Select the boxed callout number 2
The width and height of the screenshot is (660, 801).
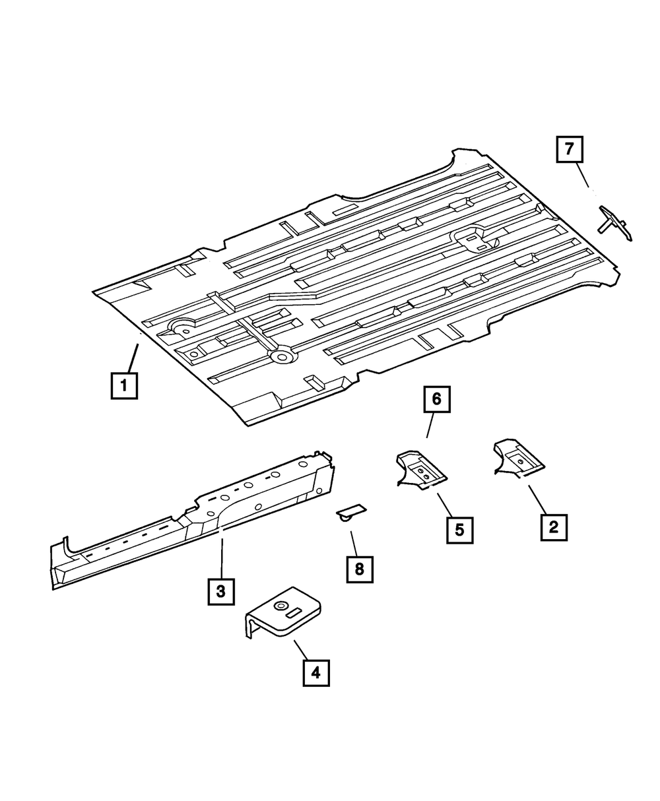pos(554,527)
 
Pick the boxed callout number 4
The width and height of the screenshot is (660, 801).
pos(315,672)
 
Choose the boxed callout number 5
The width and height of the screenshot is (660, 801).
pos(459,529)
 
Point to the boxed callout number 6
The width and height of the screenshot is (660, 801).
pos(438,399)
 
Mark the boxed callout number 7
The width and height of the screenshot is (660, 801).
pos(570,148)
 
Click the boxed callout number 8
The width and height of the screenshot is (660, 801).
pos(360,569)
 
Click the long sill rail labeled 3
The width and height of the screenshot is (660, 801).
pos(198,521)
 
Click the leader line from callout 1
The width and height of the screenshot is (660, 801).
pos(133,356)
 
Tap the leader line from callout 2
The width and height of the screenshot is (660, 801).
pos(537,499)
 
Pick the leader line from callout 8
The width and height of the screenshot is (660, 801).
pos(354,539)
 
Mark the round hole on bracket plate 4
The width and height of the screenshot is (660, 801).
pos(280,605)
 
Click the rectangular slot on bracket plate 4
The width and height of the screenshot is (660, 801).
pos(295,612)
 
